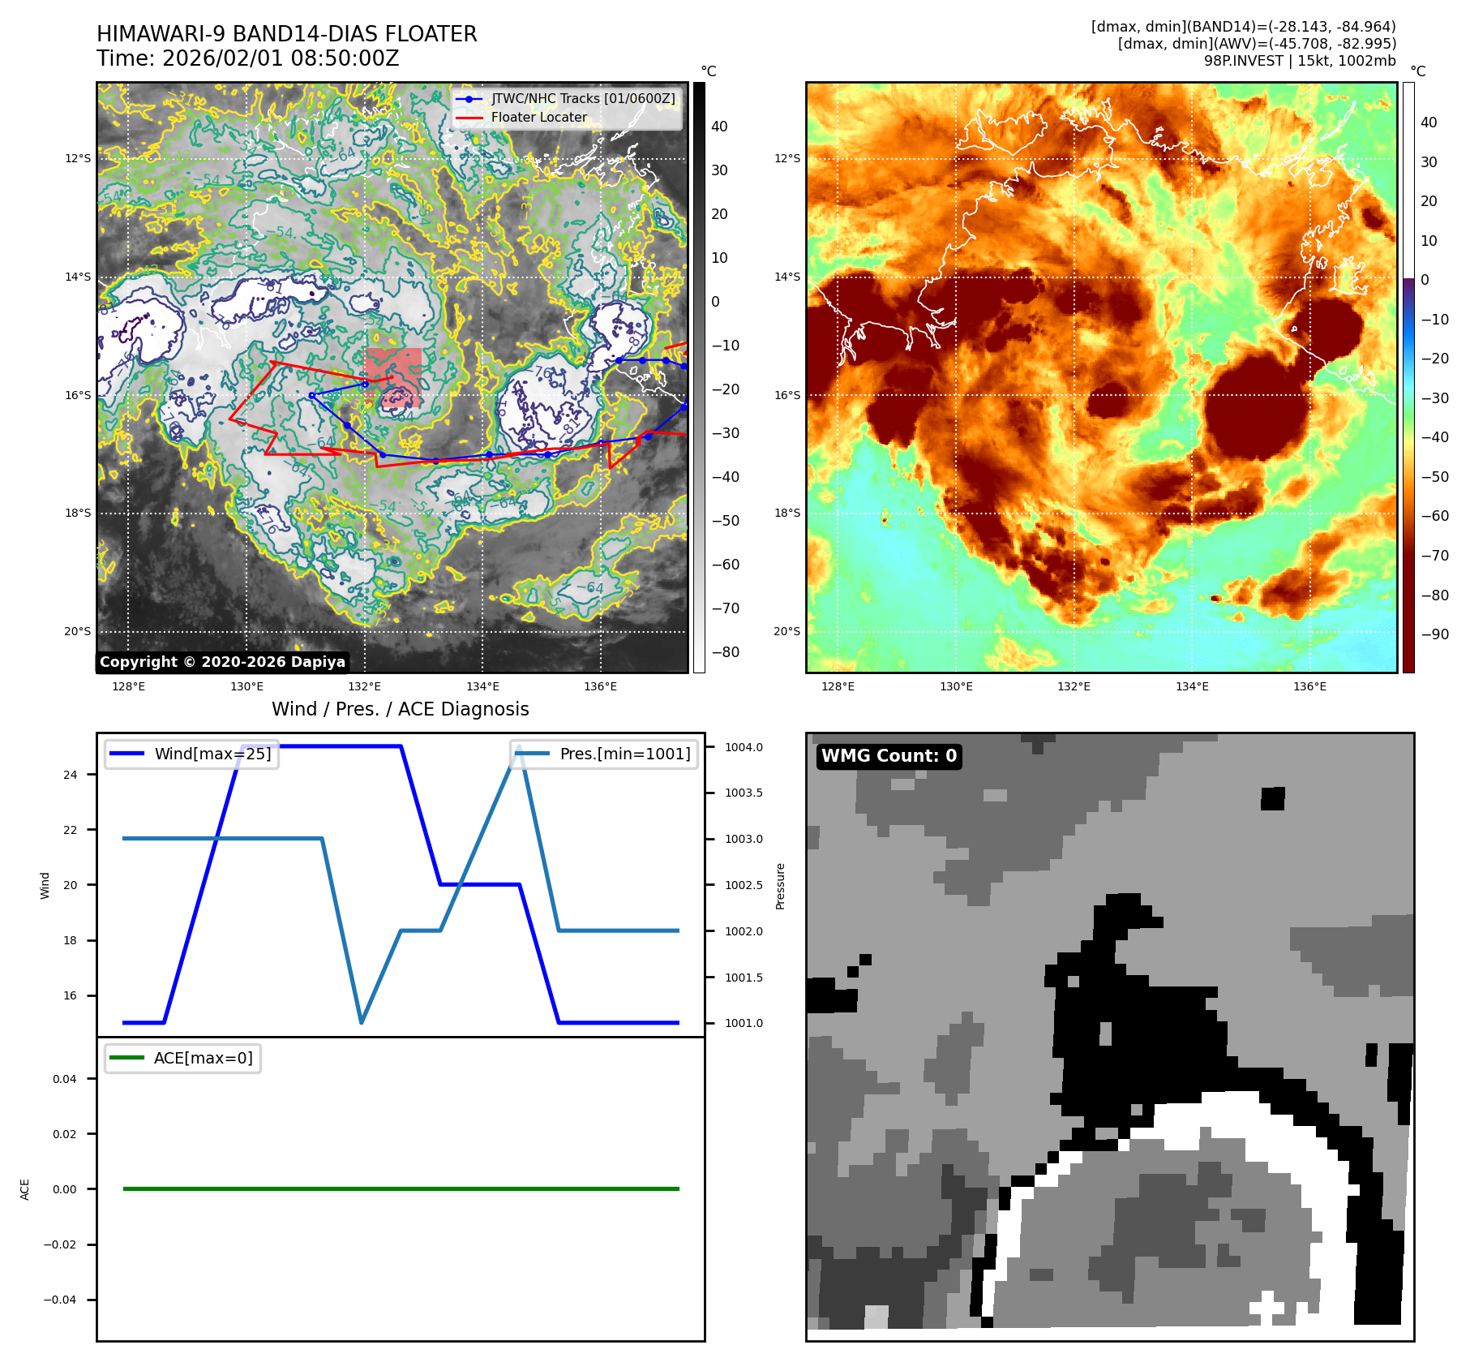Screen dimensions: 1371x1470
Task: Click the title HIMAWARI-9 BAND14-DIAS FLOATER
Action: (x=286, y=34)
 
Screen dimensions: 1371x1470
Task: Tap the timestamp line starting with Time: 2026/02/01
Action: (x=247, y=58)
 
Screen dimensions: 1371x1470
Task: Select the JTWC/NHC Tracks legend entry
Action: (x=582, y=98)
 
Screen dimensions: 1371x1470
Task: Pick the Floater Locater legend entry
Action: (x=538, y=117)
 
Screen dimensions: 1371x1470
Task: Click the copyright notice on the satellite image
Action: (x=222, y=662)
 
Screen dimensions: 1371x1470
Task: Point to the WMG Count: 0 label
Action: (x=889, y=756)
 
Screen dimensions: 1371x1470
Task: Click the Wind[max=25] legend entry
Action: (x=212, y=754)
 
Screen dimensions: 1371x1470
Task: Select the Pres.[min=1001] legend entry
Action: (x=624, y=754)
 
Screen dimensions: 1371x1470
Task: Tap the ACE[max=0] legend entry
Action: (x=203, y=1058)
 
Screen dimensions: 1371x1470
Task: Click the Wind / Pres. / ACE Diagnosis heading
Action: (x=400, y=709)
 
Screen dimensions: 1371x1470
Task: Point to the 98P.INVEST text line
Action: (x=1299, y=61)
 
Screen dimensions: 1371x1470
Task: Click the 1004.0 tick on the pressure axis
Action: (x=744, y=747)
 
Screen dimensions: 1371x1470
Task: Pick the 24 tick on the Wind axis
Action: (x=71, y=775)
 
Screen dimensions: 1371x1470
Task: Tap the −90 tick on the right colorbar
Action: (x=1434, y=634)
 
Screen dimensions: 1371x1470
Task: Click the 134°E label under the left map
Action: (x=482, y=686)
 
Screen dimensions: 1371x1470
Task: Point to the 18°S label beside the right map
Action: (x=786, y=513)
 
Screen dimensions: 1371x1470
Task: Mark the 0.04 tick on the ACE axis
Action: (x=65, y=1079)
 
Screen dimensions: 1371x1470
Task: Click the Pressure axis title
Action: (x=780, y=886)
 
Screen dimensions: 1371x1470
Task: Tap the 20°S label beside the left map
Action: (x=78, y=631)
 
